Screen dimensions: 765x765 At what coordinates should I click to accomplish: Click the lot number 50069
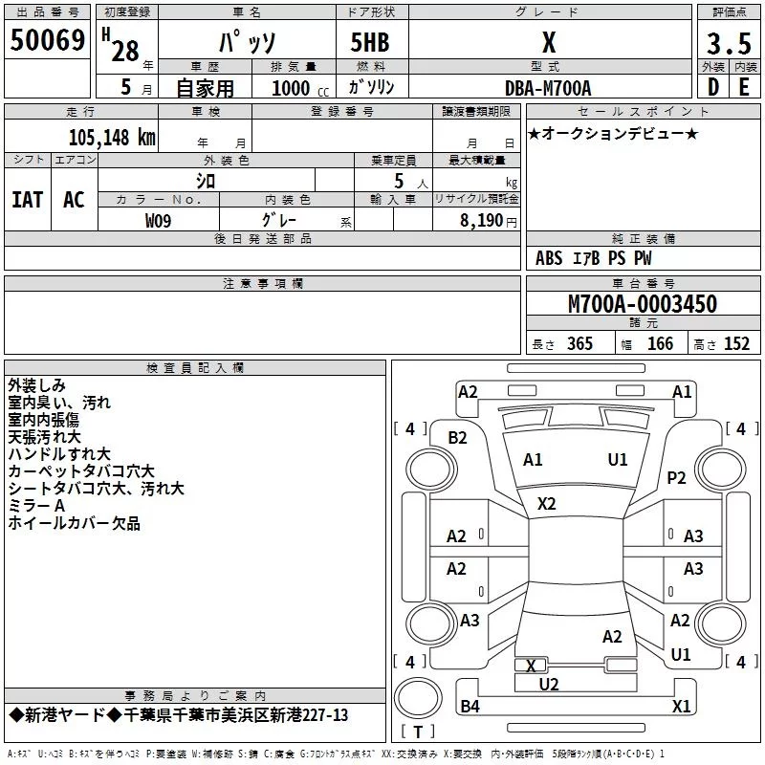coord(47,40)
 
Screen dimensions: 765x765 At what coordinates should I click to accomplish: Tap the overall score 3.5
coord(729,44)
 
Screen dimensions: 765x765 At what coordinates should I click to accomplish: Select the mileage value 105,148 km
coord(112,138)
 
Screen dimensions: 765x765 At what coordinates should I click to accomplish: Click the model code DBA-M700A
coord(548,88)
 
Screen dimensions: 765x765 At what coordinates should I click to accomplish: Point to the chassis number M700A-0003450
coord(643,304)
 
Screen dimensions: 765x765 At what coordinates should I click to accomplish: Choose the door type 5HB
coord(370,42)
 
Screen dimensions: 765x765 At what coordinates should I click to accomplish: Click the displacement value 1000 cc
coord(300,88)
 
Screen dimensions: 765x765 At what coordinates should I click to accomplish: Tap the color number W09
coord(158,221)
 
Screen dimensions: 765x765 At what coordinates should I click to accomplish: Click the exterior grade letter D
coord(713,87)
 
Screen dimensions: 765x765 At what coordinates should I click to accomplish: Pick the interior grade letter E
coord(744,87)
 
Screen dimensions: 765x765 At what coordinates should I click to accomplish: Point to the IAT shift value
coord(28,200)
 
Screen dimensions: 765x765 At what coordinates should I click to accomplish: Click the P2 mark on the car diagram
coord(676,478)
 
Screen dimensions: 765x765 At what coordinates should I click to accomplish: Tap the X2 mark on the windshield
coord(546,504)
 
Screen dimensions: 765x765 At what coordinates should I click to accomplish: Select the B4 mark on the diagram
coord(470,706)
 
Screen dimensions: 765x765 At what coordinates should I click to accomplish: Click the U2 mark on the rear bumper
coord(548,685)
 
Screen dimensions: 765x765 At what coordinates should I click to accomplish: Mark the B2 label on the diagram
coord(457,438)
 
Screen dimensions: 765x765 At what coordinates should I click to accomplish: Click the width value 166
coord(660,344)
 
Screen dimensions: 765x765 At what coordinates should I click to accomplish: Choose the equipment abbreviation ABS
coord(549,258)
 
